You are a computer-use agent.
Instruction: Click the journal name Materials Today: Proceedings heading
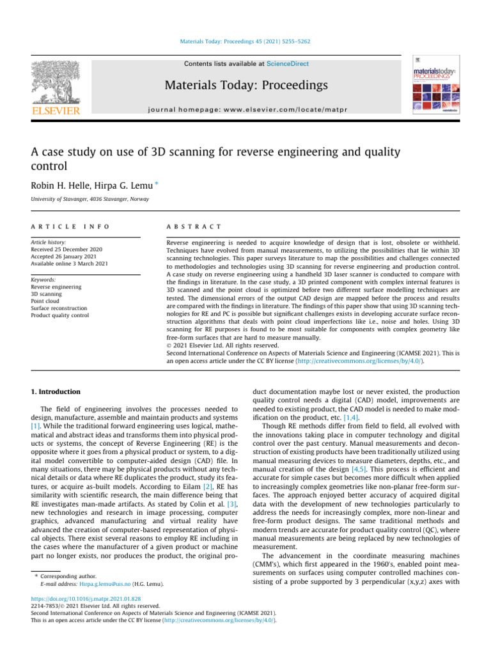pos(245,85)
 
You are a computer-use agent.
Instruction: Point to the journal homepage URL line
pos(245,109)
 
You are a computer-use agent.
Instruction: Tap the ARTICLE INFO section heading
pos(62,226)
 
